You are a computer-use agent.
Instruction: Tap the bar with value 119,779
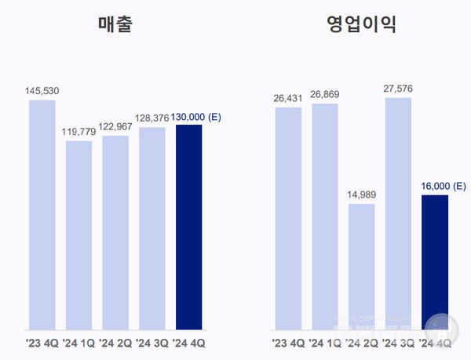pyautogui.click(x=78, y=235)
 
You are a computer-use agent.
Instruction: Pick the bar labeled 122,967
pyautogui.click(x=115, y=232)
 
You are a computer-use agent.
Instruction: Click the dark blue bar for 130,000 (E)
pyautogui.click(x=188, y=227)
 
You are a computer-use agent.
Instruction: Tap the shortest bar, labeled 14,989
pyautogui.click(x=361, y=266)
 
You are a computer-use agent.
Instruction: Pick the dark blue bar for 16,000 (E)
pyautogui.click(x=434, y=262)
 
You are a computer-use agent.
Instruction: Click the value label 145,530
pyautogui.click(x=42, y=92)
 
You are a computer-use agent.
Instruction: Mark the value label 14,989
pyautogui.click(x=361, y=195)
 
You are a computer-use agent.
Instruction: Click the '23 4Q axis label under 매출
pyautogui.click(x=42, y=343)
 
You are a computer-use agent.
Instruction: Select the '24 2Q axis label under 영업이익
pyautogui.click(x=361, y=343)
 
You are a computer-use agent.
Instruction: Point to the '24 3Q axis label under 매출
pyautogui.click(x=152, y=343)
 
